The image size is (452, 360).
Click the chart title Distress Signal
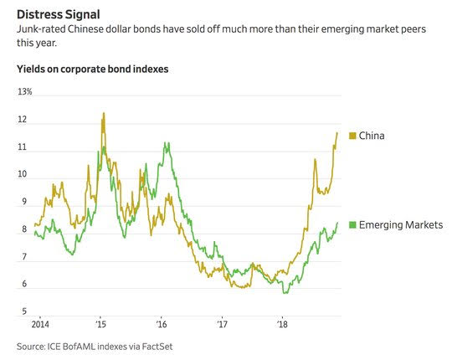coord(59,14)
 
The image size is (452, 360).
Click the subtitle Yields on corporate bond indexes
coord(93,69)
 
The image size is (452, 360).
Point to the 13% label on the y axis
coord(25,91)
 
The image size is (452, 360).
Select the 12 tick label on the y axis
coord(23,120)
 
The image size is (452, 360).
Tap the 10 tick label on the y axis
coord(23,174)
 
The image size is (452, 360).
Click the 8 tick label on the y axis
coord(24,229)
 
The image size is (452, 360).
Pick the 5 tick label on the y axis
coord(24,311)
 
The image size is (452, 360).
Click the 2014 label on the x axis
coord(40,324)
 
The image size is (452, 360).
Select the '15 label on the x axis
coord(100,324)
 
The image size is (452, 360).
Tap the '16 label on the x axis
coord(162,324)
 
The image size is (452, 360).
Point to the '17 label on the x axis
coord(222,324)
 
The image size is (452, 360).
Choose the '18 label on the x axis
coord(282,324)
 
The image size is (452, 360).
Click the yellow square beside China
coord(352,136)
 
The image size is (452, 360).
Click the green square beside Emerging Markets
coord(352,225)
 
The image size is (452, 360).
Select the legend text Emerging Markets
coord(401,225)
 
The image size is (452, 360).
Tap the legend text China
coord(372,136)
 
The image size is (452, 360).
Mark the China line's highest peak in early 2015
coord(104,113)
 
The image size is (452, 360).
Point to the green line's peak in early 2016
coord(166,142)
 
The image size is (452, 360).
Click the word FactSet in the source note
coord(157,346)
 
